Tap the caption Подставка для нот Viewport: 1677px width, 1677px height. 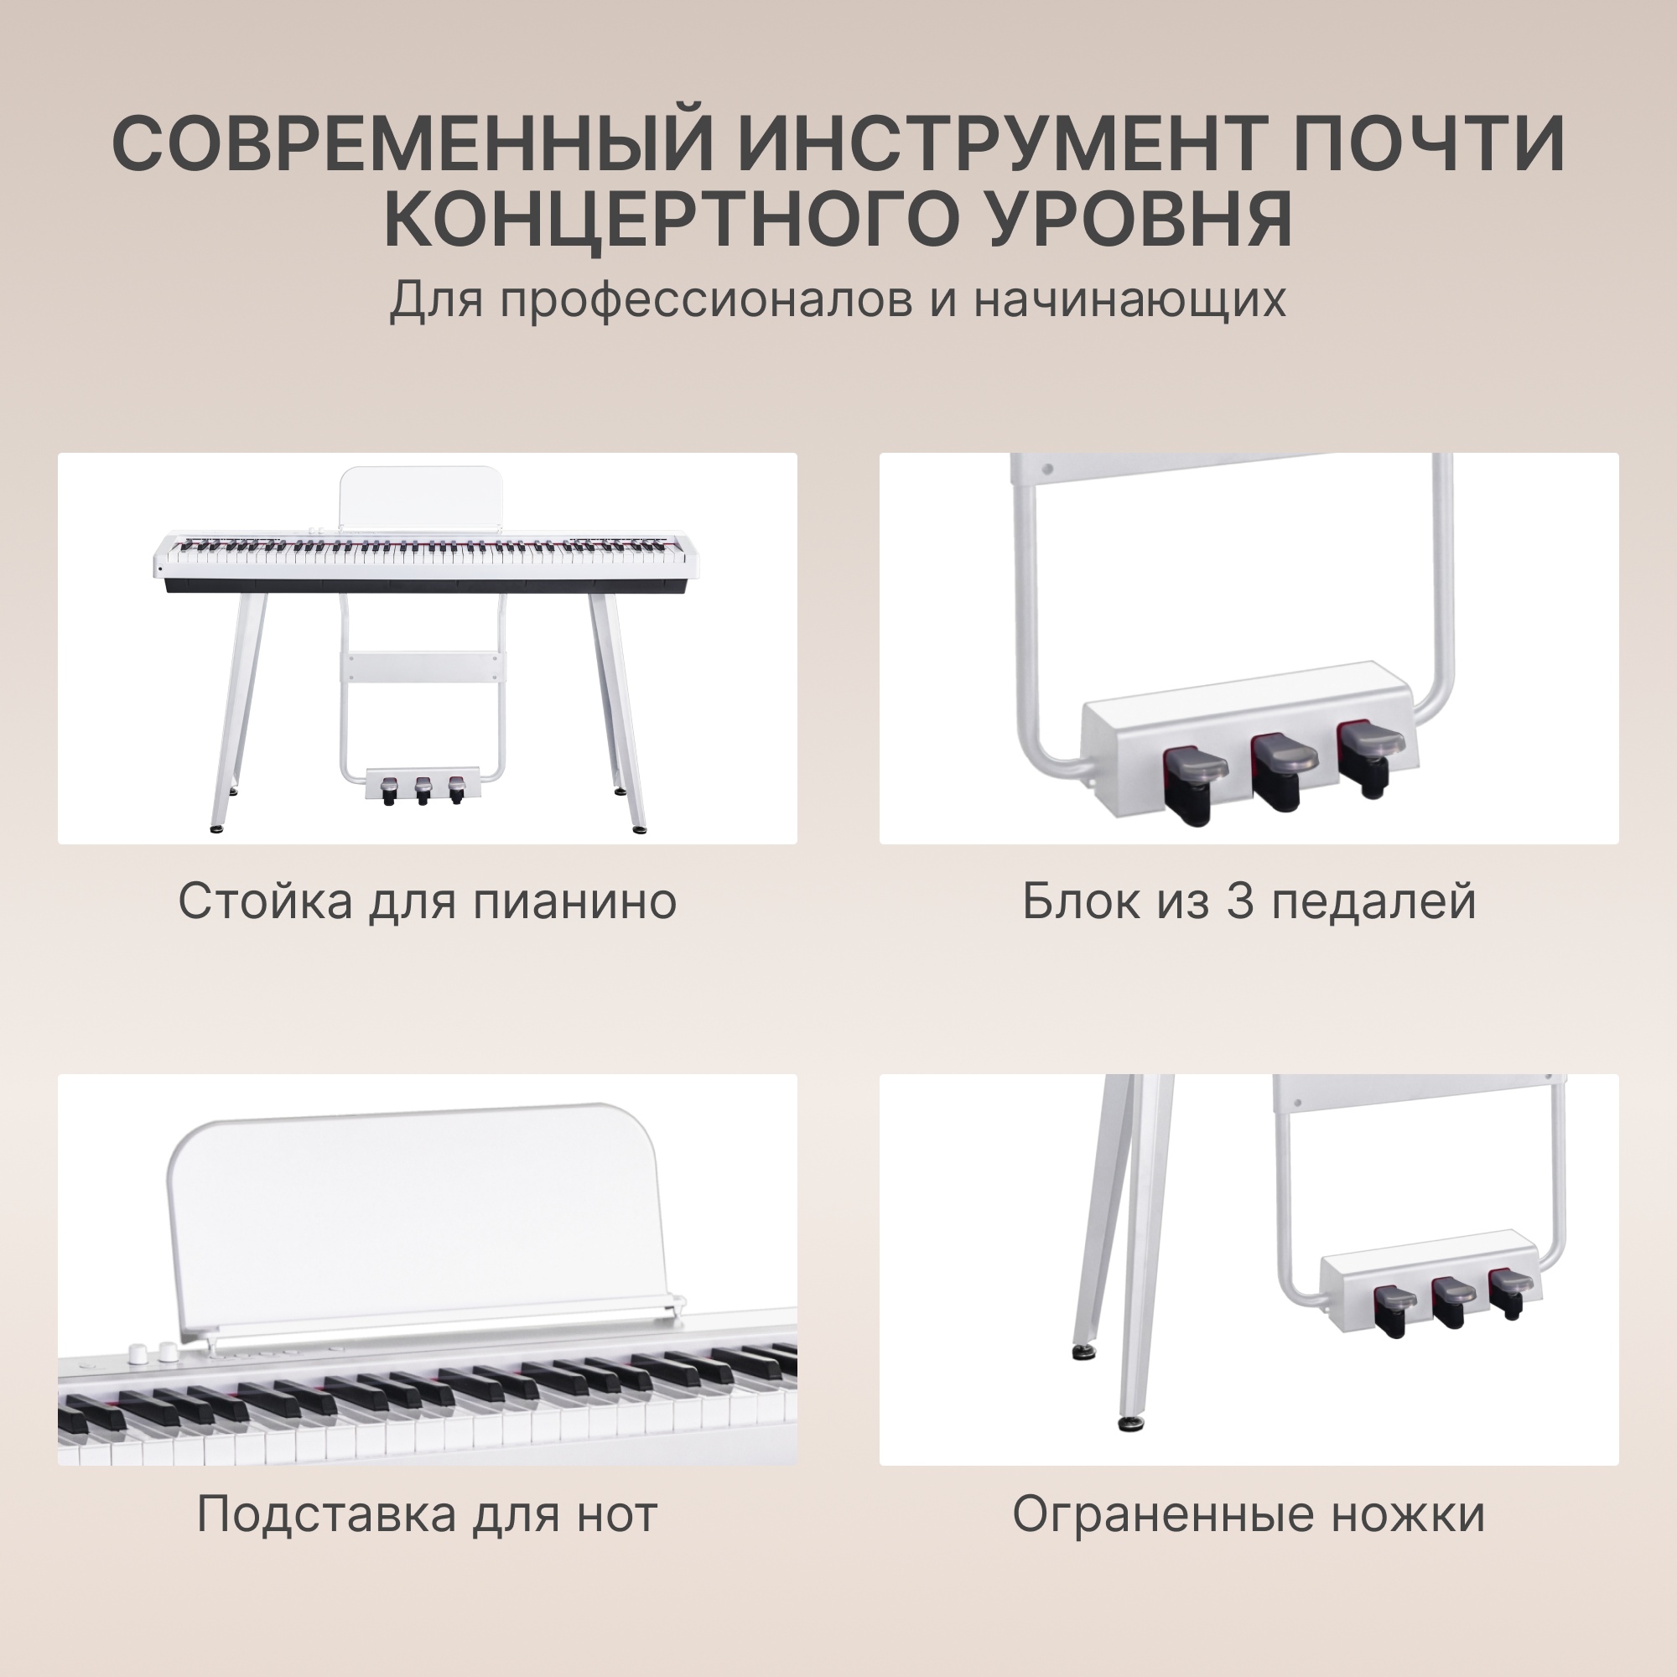427,1513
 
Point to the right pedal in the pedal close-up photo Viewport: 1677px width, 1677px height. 1370,755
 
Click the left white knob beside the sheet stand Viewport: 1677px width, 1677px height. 138,1355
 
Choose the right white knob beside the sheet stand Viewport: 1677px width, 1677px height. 167,1353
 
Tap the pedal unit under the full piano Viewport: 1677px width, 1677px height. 423,786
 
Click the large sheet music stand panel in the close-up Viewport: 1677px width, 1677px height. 415,1225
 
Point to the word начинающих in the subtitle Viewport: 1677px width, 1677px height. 1129,299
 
